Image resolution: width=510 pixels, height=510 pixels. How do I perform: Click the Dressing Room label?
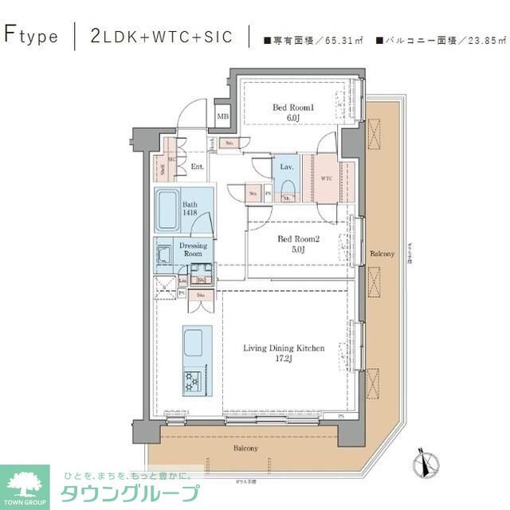(193, 249)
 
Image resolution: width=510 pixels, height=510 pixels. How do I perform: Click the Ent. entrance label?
(197, 167)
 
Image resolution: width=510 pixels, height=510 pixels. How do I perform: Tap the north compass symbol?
(425, 461)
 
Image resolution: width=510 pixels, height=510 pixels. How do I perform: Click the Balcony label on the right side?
(381, 253)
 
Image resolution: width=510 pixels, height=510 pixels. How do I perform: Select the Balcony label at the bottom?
(245, 449)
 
